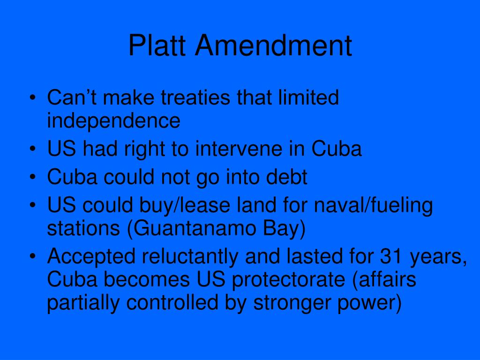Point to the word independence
[x=113, y=121]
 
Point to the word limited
[x=310, y=98]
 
